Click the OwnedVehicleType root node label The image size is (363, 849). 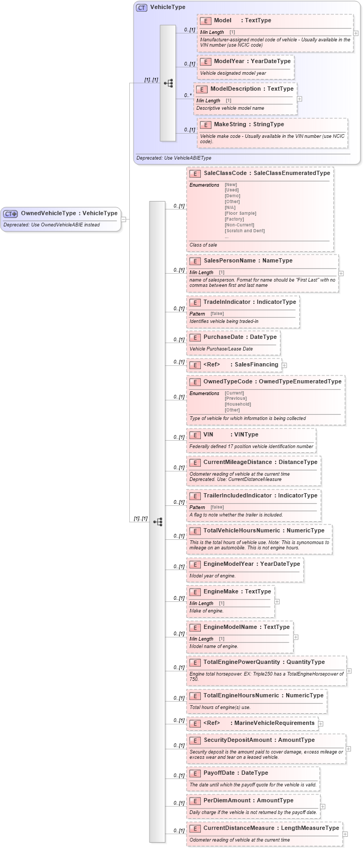tap(48, 213)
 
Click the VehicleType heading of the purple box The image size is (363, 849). tap(167, 7)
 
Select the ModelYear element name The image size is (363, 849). tap(229, 62)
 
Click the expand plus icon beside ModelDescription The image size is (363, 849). tap(299, 99)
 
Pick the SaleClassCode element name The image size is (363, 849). tap(225, 173)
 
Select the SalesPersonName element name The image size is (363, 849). tap(229, 261)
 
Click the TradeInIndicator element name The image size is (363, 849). tap(227, 302)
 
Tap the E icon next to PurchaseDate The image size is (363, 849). tap(194, 337)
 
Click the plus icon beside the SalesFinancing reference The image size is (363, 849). tap(285, 365)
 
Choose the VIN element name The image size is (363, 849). tap(208, 435)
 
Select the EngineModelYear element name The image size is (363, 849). tap(228, 564)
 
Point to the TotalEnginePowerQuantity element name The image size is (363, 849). tap(241, 662)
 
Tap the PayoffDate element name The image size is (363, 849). tap(219, 773)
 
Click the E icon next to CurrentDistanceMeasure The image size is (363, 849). tap(194, 828)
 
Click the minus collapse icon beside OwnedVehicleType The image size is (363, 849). tap(123, 218)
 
